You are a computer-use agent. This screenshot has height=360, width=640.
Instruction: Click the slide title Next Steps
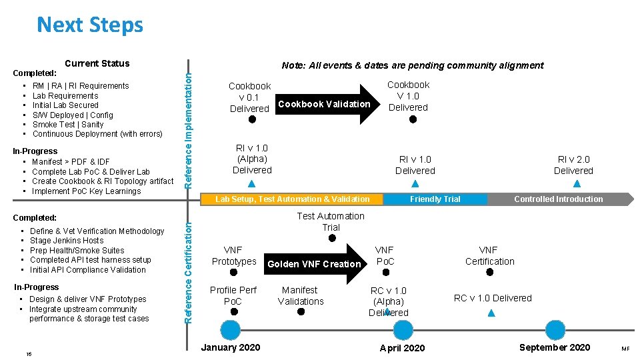[x=90, y=25]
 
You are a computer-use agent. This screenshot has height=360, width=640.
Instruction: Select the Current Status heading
[x=97, y=63]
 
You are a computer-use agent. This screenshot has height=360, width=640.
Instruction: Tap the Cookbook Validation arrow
[x=325, y=104]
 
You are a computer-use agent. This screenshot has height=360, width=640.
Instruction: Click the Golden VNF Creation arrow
[x=315, y=264]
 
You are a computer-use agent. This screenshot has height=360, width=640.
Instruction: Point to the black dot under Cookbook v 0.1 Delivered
[x=252, y=120]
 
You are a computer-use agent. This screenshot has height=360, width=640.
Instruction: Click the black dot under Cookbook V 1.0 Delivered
[x=413, y=120]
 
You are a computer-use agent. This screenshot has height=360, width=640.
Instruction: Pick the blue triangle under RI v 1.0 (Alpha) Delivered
[x=251, y=183]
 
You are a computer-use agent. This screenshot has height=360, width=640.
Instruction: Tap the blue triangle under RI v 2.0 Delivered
[x=577, y=184]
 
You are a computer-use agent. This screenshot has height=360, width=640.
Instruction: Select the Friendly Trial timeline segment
[x=435, y=199]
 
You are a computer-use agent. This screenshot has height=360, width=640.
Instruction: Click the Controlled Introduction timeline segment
[x=559, y=199]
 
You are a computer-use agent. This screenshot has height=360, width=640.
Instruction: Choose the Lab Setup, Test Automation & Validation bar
[x=292, y=199]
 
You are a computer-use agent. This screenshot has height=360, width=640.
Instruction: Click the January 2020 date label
[x=231, y=347]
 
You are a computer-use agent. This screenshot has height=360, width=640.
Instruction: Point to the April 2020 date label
[x=402, y=348]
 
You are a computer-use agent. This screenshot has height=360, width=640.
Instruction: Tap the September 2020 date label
[x=554, y=347]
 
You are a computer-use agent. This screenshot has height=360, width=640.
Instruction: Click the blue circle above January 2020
[x=231, y=330]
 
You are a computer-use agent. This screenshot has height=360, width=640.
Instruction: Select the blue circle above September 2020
[x=555, y=330]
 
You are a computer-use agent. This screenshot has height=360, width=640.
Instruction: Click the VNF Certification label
[x=490, y=256]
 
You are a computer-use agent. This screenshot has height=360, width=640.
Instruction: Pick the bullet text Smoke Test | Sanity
[x=68, y=124]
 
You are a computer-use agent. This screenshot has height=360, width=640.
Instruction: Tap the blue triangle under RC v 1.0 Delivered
[x=492, y=312]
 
